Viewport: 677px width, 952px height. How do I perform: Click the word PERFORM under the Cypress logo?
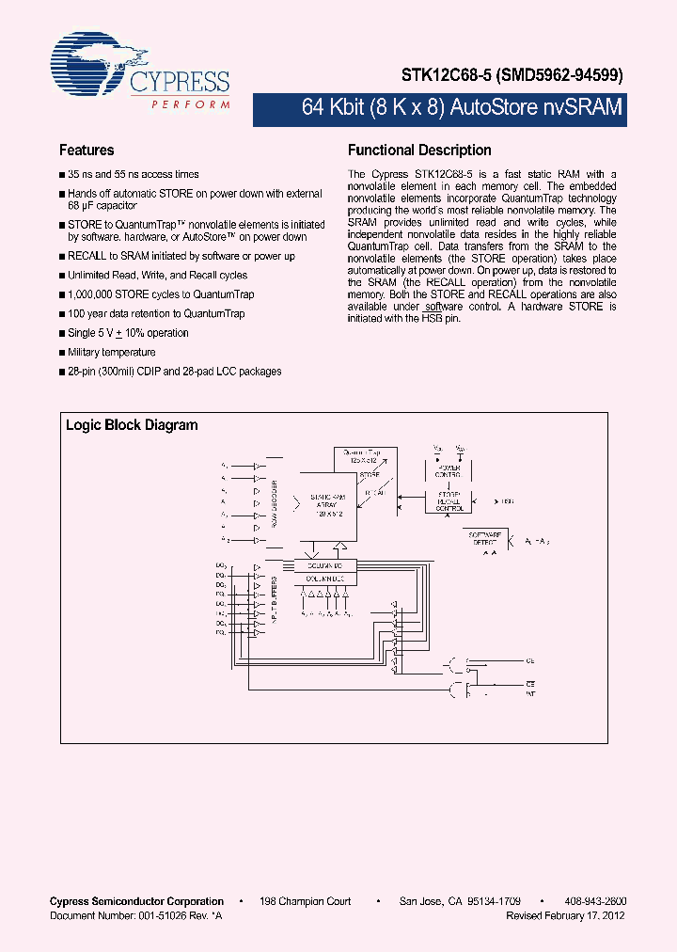click(x=191, y=105)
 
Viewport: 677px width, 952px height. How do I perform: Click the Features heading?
click(x=87, y=151)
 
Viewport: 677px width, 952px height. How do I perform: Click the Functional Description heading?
click(x=419, y=151)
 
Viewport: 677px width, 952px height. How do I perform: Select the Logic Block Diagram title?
click(x=132, y=425)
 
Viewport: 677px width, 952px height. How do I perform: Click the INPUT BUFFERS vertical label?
click(x=275, y=601)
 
